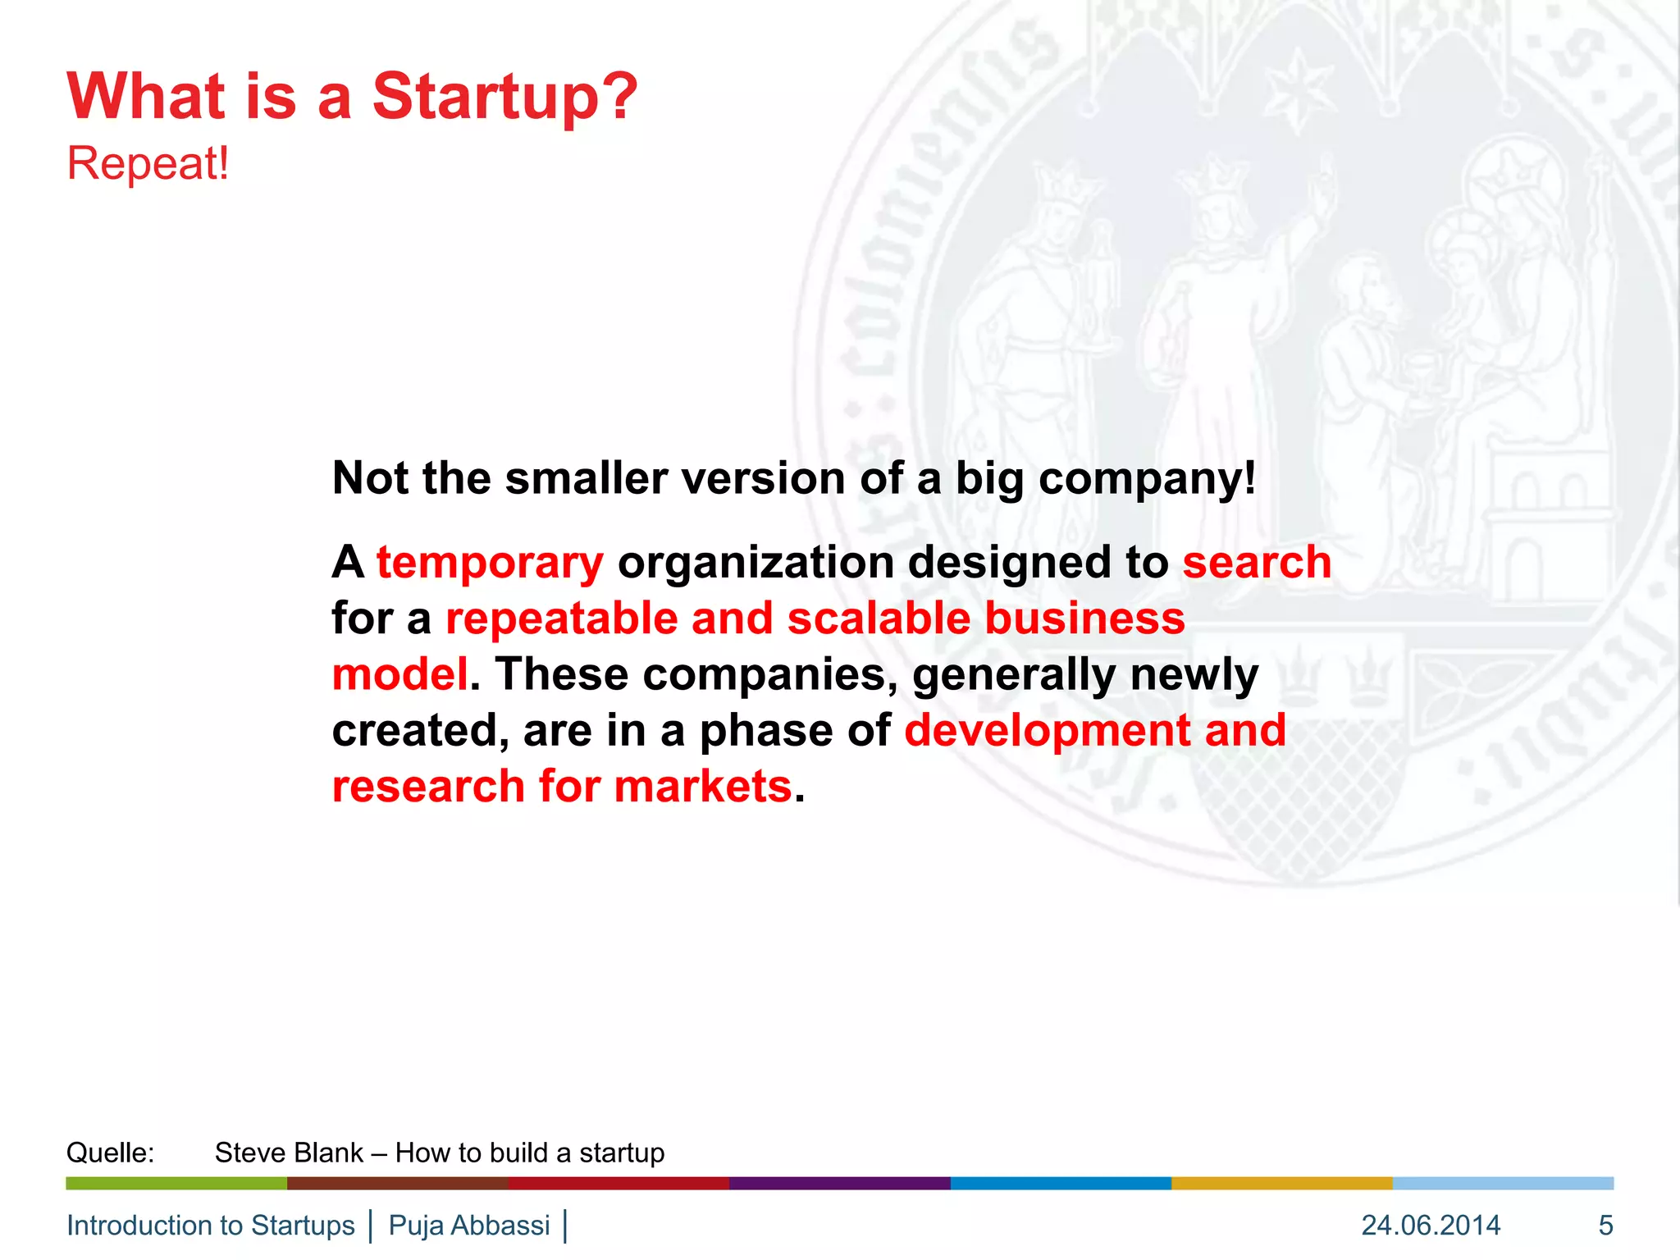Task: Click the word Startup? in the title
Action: (x=504, y=97)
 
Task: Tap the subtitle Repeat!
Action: (x=148, y=163)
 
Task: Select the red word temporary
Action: (x=490, y=563)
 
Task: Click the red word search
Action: (x=1257, y=563)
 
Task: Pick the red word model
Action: (x=399, y=674)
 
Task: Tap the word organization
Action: (x=756, y=563)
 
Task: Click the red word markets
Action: (x=702, y=787)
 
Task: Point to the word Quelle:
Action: (x=110, y=1153)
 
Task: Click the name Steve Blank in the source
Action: (x=289, y=1153)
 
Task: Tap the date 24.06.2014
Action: (x=1431, y=1226)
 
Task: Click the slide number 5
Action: (x=1605, y=1226)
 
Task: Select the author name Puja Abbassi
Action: (x=469, y=1226)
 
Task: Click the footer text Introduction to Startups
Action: (x=211, y=1226)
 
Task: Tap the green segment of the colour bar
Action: (x=176, y=1183)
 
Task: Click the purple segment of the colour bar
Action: (x=839, y=1183)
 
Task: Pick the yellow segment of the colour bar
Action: (x=1281, y=1183)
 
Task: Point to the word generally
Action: (x=1014, y=674)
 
